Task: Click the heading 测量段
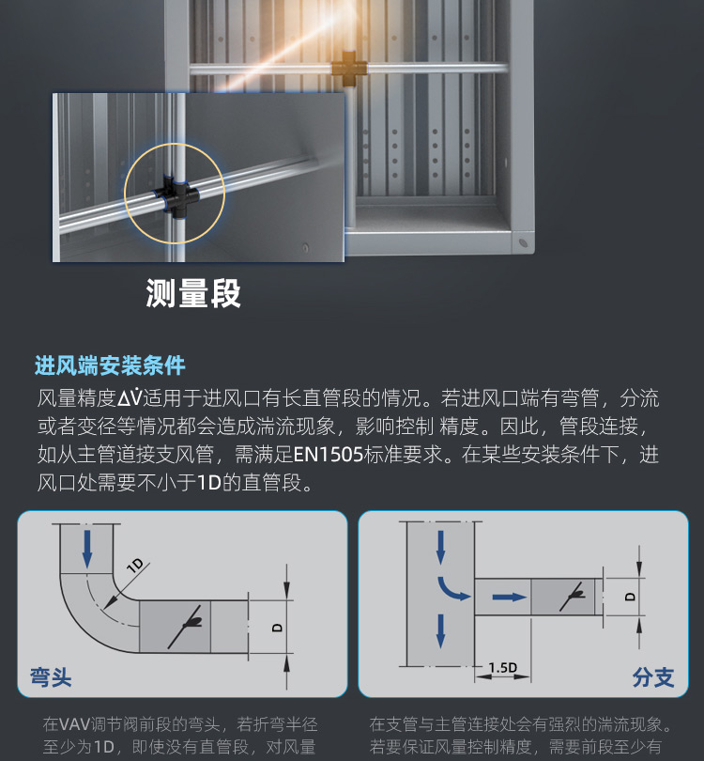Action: (193, 293)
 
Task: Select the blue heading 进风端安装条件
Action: (110, 365)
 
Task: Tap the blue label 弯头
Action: (51, 677)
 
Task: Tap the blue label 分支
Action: (653, 677)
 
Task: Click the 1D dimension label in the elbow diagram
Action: (135, 566)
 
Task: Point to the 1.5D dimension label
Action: (503, 668)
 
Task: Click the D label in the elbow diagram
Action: (277, 628)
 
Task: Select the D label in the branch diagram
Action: (630, 597)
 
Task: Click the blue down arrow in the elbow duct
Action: (87, 549)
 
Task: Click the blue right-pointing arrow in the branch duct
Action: (509, 597)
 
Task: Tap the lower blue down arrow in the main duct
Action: (440, 631)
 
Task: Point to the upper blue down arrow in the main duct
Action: (440, 548)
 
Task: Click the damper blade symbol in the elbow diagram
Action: (185, 627)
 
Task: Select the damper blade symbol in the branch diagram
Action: (572, 596)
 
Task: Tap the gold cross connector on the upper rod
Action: (349, 68)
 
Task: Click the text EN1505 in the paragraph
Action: (329, 455)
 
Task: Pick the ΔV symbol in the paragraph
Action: (130, 397)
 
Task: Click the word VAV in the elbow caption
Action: (74, 724)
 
